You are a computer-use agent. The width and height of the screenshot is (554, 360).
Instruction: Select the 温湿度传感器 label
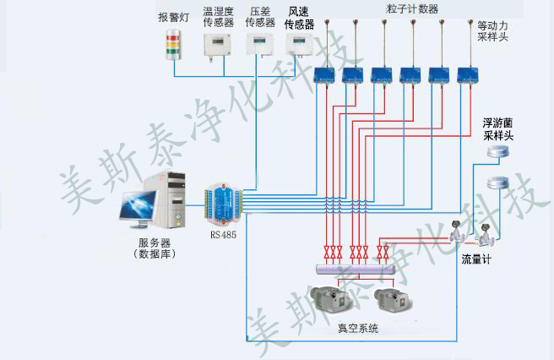[x=219, y=18]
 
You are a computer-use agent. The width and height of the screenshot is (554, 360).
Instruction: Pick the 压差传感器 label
[x=260, y=18]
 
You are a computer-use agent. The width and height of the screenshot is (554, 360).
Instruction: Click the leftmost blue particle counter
[x=324, y=76]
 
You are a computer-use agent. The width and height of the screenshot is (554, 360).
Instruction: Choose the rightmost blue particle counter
[x=467, y=75]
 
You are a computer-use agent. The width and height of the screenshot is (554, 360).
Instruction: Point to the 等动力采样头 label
[x=493, y=32]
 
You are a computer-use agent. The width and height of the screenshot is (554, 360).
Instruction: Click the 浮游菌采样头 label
[x=498, y=129]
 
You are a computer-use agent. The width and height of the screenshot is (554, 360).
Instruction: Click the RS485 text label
[x=223, y=236]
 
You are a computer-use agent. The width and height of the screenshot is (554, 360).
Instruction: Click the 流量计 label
[x=475, y=259]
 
